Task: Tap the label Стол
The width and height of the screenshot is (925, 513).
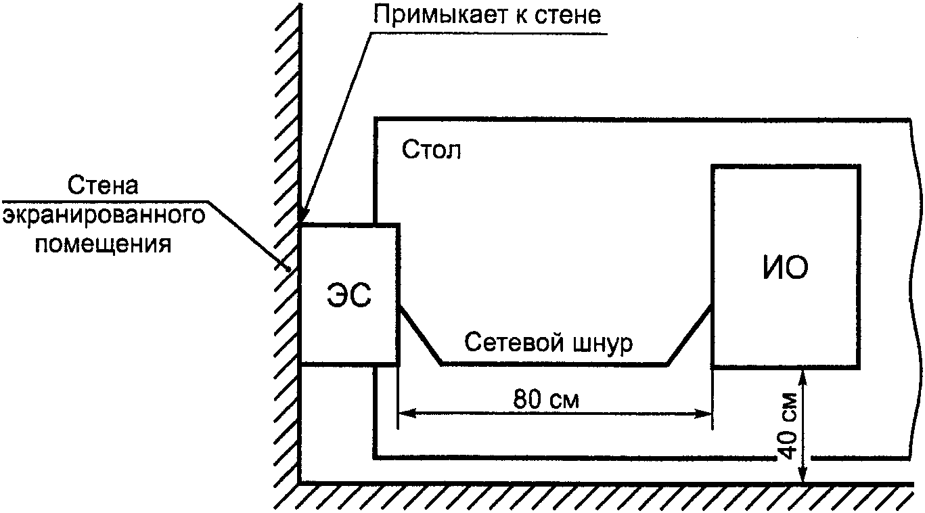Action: pos(431,150)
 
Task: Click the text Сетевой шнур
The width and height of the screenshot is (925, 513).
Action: pos(549,343)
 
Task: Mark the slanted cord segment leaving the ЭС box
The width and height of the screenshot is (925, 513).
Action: pos(420,335)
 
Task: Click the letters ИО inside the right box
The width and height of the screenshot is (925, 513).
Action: pos(785,268)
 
